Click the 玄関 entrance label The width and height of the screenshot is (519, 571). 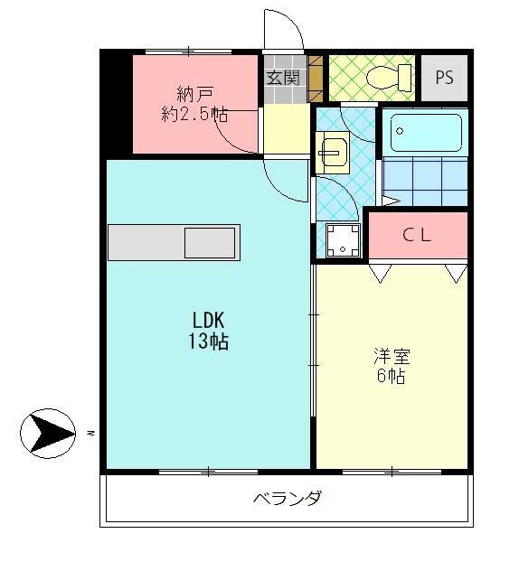pos(283,79)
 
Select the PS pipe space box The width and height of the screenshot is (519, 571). pos(444,77)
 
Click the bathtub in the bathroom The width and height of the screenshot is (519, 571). pos(425,133)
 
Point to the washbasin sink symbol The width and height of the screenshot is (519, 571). pos(331,153)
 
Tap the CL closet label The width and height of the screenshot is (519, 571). pos(417,235)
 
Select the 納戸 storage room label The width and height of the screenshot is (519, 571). pos(195,93)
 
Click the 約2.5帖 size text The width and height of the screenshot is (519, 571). pos(194,114)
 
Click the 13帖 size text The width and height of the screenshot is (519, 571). pos(208,342)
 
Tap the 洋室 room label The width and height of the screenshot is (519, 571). pos(391,354)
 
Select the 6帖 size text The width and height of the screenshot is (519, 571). pos(391,376)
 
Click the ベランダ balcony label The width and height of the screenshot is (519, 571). pos(287,499)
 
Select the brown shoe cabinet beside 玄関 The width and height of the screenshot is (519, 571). pos(316,77)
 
